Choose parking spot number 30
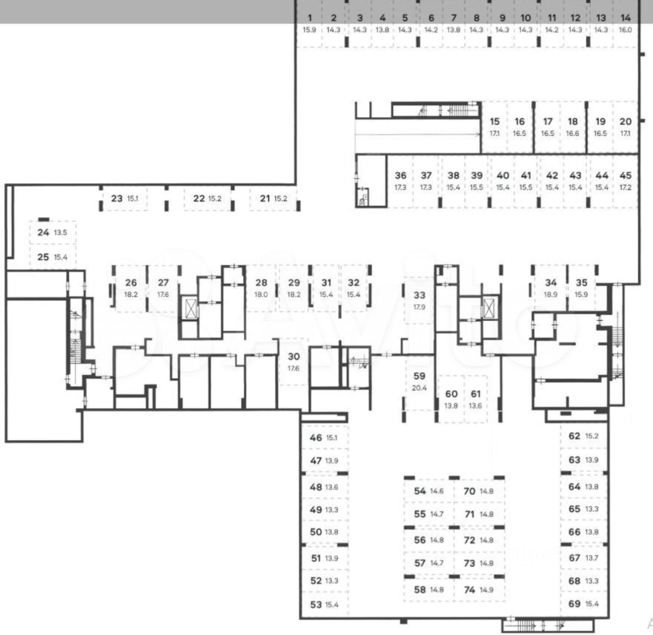[293, 361]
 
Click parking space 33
[419, 300]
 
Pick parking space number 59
[419, 381]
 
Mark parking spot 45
[625, 181]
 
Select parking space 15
[494, 127]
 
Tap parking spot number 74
[478, 590]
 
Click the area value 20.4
[419, 388]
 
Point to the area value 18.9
[550, 295]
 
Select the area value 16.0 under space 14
[625, 30]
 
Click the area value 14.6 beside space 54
[437, 492]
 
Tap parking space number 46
[323, 437]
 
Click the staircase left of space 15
[458, 110]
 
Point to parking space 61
[475, 399]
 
